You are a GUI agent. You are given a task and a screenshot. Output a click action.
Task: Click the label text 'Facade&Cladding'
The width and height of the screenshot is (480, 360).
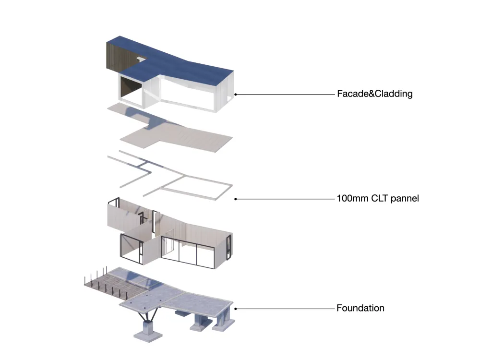point(374,94)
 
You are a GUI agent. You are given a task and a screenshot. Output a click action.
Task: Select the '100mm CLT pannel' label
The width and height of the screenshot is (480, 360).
point(378,198)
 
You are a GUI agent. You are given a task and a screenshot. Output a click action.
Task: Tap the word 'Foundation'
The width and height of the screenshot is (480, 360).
point(360,308)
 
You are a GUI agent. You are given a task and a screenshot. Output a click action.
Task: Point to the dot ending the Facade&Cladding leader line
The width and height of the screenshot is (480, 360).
point(235,95)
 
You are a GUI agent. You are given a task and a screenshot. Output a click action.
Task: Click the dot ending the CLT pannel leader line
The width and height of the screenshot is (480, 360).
point(235,198)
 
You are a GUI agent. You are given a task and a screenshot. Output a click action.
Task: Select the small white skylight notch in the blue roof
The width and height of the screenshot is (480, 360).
point(141,59)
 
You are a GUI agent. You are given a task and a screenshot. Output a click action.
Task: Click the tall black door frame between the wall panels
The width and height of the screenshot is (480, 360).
point(156,223)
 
